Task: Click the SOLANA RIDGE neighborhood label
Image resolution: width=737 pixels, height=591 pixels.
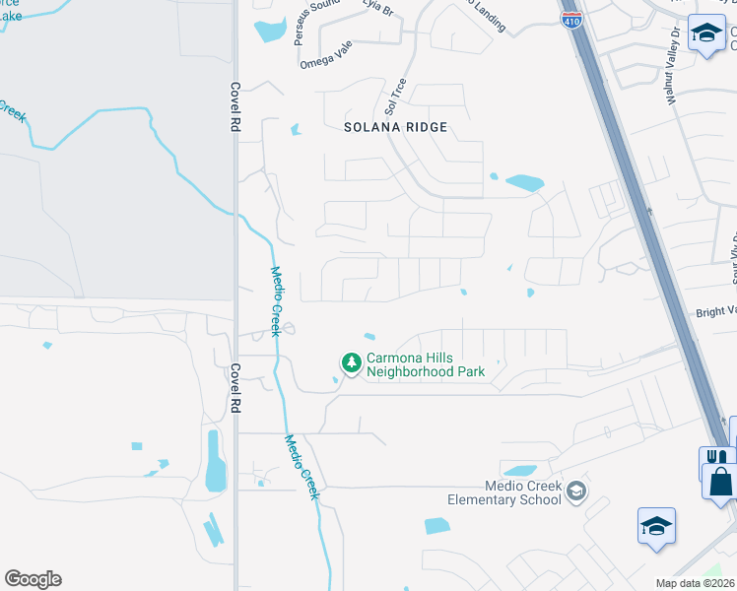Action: tap(395, 127)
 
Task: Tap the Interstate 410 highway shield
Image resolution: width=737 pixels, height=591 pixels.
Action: tap(571, 19)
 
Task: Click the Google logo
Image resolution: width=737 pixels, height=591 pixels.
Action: tap(33, 579)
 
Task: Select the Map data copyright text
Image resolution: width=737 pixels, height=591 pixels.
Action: tap(695, 583)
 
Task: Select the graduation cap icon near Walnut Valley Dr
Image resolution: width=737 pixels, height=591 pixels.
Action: tap(705, 33)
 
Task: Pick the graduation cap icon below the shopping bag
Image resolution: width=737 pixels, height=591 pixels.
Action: tap(656, 525)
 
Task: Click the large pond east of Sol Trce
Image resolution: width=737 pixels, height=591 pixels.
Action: tap(524, 182)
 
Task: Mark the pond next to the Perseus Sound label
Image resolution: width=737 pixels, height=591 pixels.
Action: tap(269, 31)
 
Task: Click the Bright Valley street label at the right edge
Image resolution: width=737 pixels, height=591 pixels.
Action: tap(715, 311)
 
